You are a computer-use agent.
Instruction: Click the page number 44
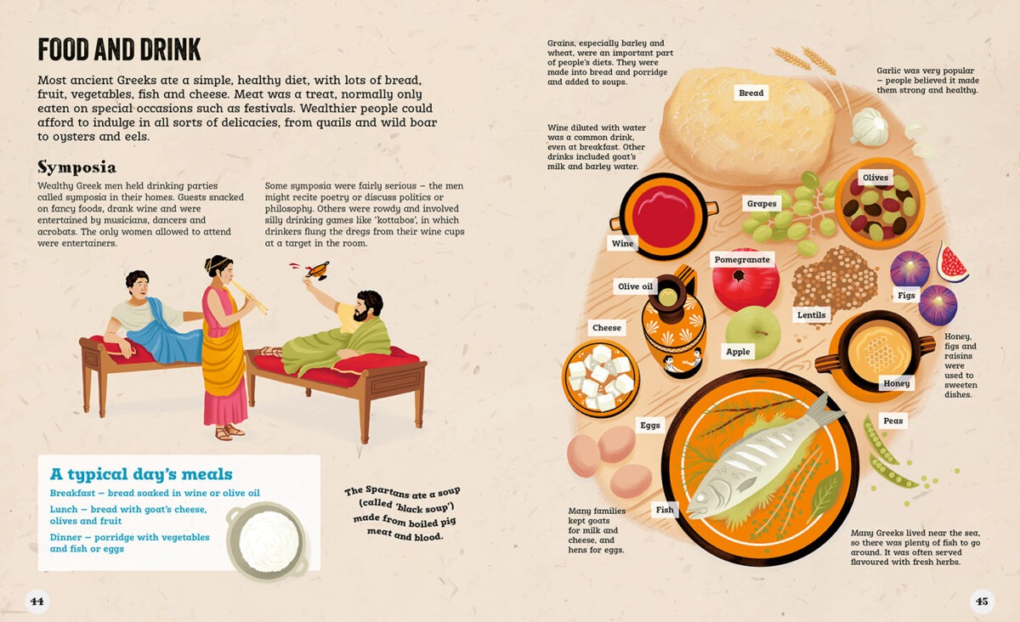pyautogui.click(x=37, y=601)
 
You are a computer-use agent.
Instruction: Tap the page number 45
pyautogui.click(x=982, y=601)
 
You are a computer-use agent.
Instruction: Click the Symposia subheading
pyautogui.click(x=77, y=167)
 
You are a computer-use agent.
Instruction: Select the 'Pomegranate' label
pyautogui.click(x=742, y=259)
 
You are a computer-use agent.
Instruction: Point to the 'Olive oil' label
pyautogui.click(x=635, y=286)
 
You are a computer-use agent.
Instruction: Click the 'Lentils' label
pyautogui.click(x=812, y=314)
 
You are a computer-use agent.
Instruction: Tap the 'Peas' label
pyautogui.click(x=893, y=421)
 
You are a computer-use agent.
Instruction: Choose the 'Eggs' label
pyautogui.click(x=649, y=426)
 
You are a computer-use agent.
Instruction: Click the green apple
pyautogui.click(x=754, y=331)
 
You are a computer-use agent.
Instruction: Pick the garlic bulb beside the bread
pyautogui.click(x=870, y=127)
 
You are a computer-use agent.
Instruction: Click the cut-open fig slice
pyautogui.click(x=952, y=263)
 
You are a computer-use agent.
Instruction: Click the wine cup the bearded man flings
pyautogui.click(x=318, y=270)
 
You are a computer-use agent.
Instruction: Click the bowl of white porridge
pyautogui.click(x=268, y=541)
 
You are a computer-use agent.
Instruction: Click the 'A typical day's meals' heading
pyautogui.click(x=141, y=475)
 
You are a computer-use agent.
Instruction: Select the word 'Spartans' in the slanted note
pyautogui.click(x=387, y=492)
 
